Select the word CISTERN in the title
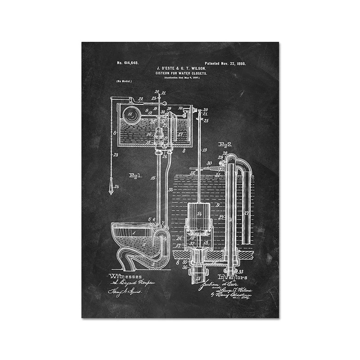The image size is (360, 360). point(164,73)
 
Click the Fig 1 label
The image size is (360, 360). point(135,175)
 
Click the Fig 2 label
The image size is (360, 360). point(224,144)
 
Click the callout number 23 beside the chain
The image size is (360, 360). point(116,155)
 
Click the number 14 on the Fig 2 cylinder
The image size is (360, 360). point(199,214)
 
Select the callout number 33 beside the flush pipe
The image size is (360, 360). point(171,189)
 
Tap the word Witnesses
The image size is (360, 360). point(126,276)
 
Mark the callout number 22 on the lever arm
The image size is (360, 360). point(140,99)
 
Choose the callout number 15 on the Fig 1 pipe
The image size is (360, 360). point(153,178)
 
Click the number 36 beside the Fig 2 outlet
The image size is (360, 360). point(185,267)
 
